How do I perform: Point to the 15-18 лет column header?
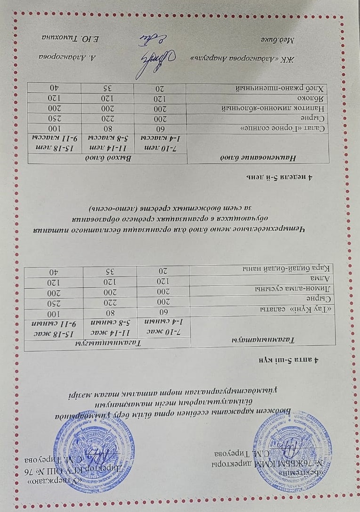pyautogui.click(x=57, y=148)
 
